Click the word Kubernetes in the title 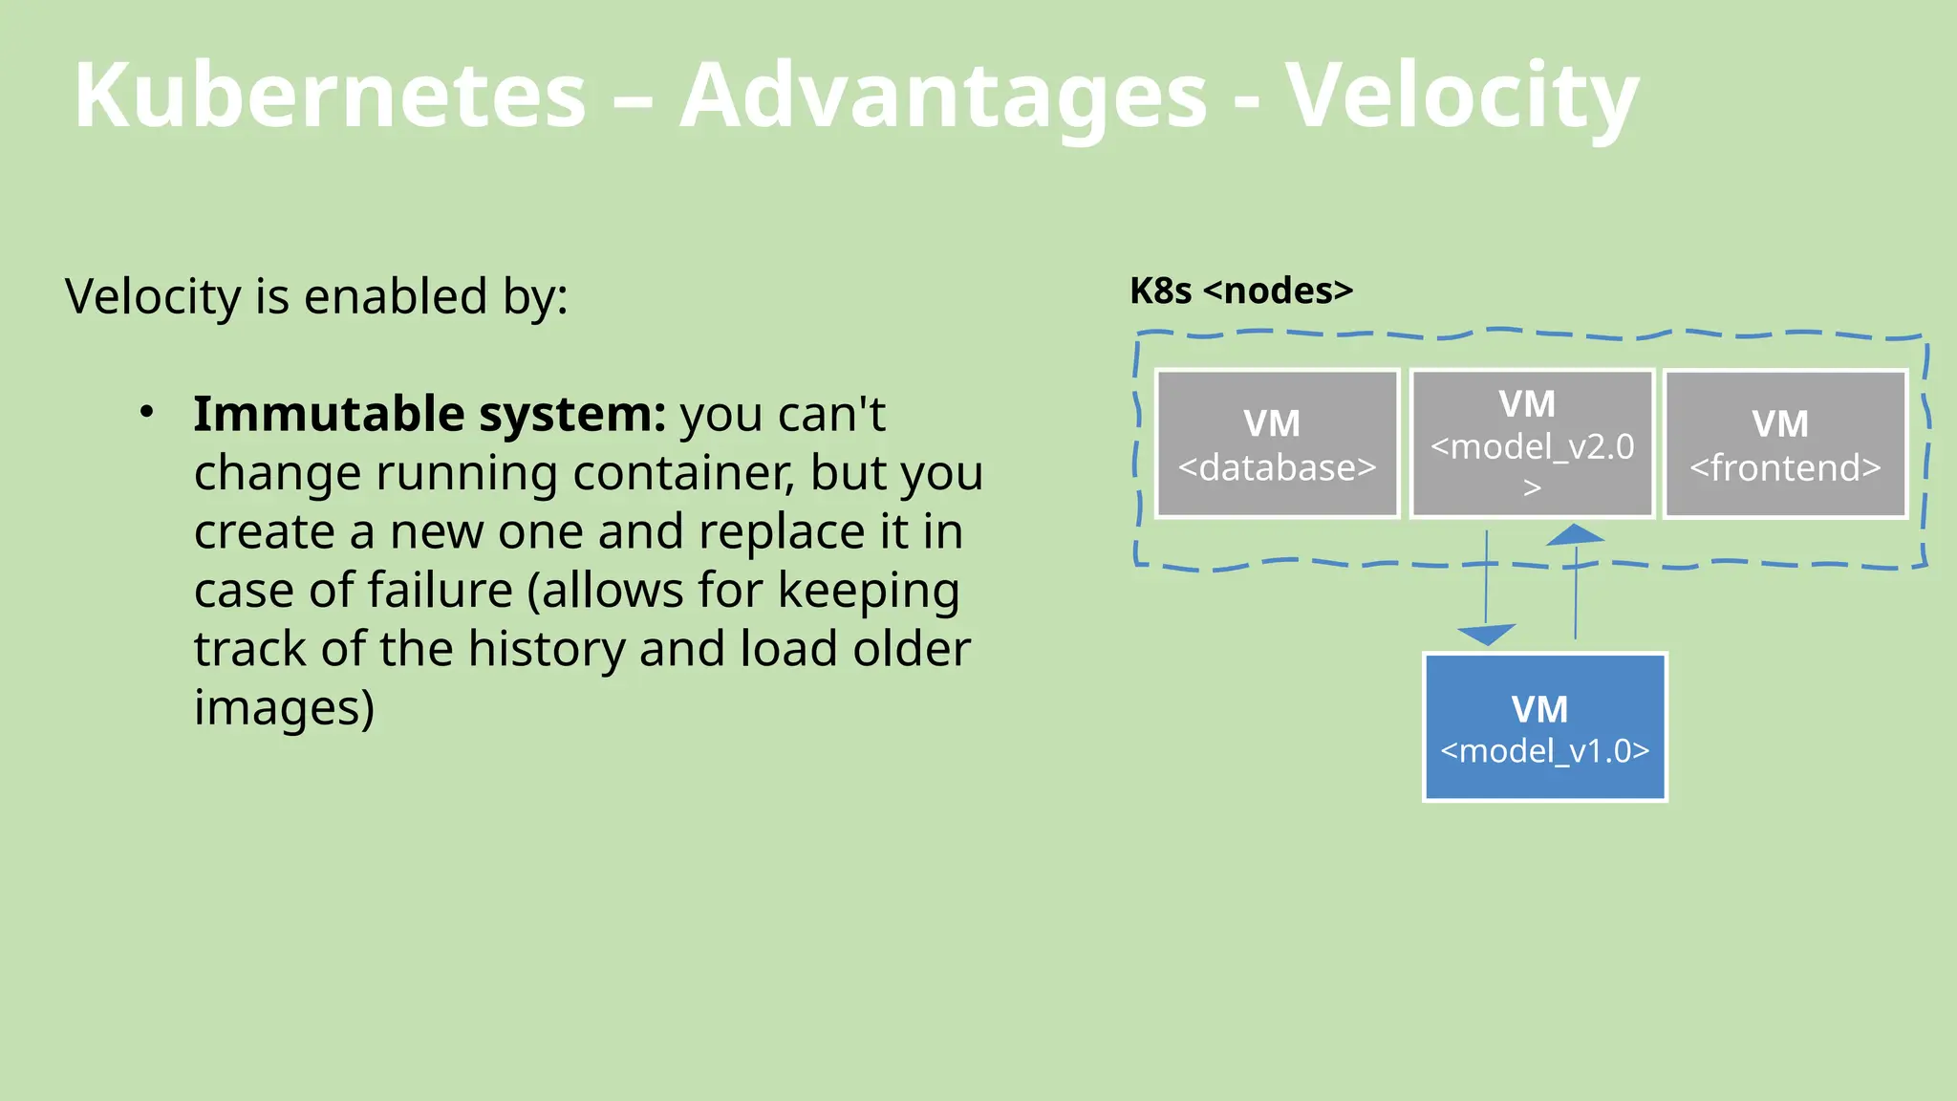click(x=330, y=96)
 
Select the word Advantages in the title click(x=943, y=96)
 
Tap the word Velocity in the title click(x=1462, y=96)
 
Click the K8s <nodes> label click(x=1240, y=291)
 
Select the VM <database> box click(x=1277, y=444)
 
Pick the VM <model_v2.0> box click(x=1532, y=444)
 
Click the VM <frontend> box click(x=1785, y=444)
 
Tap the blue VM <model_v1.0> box click(x=1544, y=727)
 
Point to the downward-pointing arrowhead click(x=1486, y=635)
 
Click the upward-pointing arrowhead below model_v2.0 click(x=1575, y=535)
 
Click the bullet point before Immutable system click(x=146, y=413)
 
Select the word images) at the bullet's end click(x=284, y=708)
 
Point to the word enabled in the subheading click(x=396, y=296)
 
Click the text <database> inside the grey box click(x=1277, y=467)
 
